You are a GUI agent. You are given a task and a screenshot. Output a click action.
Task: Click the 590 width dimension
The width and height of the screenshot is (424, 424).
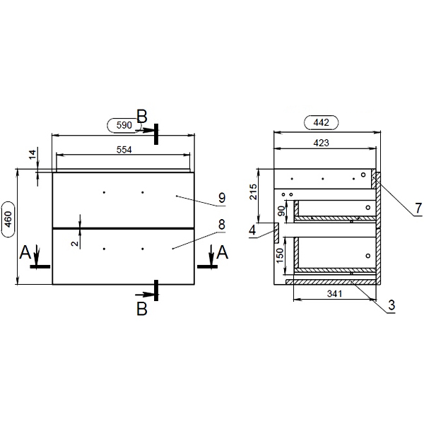[x=124, y=125]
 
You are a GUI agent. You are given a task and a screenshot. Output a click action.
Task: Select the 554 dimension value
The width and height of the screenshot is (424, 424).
[x=124, y=150]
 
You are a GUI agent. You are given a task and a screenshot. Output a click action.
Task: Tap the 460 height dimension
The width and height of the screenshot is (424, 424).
[x=8, y=219]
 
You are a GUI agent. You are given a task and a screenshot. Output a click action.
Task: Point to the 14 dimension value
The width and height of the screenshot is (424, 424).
[x=33, y=155]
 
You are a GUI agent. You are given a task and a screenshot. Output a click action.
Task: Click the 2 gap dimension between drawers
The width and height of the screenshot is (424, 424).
[x=75, y=243]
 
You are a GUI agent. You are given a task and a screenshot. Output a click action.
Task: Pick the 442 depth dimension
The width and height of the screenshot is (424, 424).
[x=322, y=123]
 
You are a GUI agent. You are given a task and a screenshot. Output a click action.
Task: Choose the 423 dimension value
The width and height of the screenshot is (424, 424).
[x=322, y=143]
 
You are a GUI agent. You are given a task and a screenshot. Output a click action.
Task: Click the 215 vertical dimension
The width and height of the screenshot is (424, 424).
[x=254, y=192]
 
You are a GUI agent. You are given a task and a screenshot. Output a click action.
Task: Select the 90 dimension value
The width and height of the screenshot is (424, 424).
[x=281, y=211]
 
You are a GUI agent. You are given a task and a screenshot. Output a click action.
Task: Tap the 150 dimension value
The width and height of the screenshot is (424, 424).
[x=280, y=255]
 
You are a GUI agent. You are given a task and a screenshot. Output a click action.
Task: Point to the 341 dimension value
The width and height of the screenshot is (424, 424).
[x=335, y=294]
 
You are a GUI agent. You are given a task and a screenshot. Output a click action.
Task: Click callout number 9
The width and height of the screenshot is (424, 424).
[x=222, y=198]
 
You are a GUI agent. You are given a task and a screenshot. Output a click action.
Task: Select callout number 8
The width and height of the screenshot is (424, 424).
[x=222, y=225]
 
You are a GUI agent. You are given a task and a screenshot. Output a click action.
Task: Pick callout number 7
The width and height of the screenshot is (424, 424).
[x=418, y=208]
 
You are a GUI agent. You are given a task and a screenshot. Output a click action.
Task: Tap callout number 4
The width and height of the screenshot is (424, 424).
[x=252, y=230]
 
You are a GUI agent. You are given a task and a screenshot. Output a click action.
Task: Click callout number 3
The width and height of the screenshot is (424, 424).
[x=391, y=305]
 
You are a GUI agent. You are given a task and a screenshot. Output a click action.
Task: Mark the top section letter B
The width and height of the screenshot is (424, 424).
[x=142, y=117]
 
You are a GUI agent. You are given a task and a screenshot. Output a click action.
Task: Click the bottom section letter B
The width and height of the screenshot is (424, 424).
[x=142, y=309]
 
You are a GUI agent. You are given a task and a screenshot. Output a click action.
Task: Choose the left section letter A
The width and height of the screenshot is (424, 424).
[x=25, y=252]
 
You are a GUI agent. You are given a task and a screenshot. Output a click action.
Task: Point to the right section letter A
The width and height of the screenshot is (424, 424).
[x=223, y=252]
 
